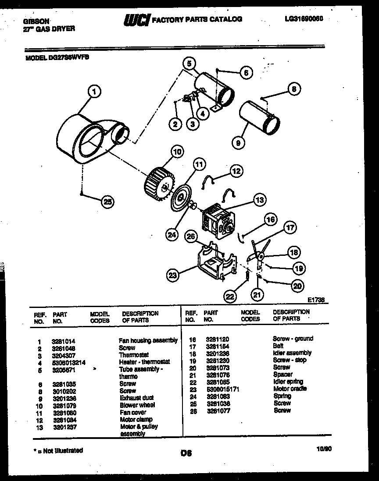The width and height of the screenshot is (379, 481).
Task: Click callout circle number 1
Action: (x=94, y=92)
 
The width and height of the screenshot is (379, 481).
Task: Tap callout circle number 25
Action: (x=107, y=202)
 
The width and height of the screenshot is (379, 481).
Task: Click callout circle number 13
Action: (x=260, y=201)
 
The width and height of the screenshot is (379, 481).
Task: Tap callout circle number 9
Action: (x=239, y=143)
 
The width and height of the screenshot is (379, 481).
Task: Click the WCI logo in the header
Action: (x=137, y=20)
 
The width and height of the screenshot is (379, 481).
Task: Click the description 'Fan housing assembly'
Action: (x=148, y=340)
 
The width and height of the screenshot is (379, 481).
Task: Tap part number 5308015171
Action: (x=222, y=389)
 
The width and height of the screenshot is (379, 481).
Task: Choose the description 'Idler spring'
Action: (x=288, y=382)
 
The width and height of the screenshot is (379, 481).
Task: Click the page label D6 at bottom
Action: (x=186, y=453)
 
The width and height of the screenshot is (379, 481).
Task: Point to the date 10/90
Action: (x=322, y=449)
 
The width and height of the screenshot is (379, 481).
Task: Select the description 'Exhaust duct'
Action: (x=136, y=398)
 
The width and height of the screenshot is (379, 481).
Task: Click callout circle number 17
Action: (x=289, y=227)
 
